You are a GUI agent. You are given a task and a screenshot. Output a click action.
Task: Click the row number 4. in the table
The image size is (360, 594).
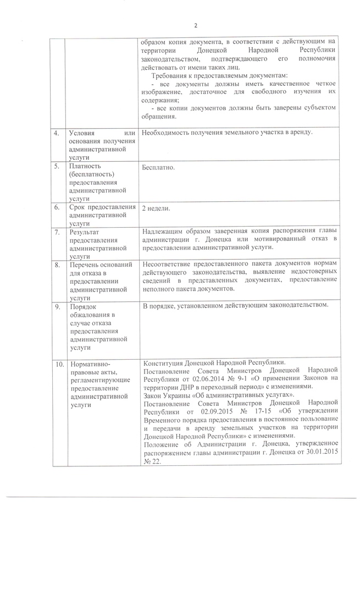click(57, 133)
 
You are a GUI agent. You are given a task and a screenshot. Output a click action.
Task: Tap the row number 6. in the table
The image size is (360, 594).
click(57, 207)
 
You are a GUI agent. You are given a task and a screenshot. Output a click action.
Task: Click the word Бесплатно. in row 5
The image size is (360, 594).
click(158, 167)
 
